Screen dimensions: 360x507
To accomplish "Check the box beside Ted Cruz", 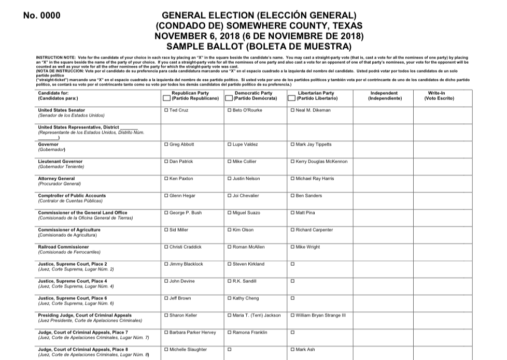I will (166, 110).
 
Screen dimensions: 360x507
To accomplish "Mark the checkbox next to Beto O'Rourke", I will (230, 110).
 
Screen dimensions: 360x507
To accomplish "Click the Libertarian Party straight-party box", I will (292, 98).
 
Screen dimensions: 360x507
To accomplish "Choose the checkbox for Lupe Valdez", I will (230, 145).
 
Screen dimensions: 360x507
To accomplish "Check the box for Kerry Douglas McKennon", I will (293, 162).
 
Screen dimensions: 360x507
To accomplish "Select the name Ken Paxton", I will (181, 179).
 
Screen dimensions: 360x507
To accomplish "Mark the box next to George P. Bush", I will (166, 213).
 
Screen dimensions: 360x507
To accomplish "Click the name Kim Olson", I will (243, 230).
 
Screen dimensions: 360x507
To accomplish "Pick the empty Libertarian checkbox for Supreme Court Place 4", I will (293, 281).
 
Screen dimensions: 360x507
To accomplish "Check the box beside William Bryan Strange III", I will (293, 315).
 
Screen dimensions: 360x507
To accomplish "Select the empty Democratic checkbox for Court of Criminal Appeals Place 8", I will (230, 350).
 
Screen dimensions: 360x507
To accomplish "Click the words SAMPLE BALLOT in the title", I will (215, 46).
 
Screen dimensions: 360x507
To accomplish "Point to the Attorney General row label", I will (57, 179).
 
